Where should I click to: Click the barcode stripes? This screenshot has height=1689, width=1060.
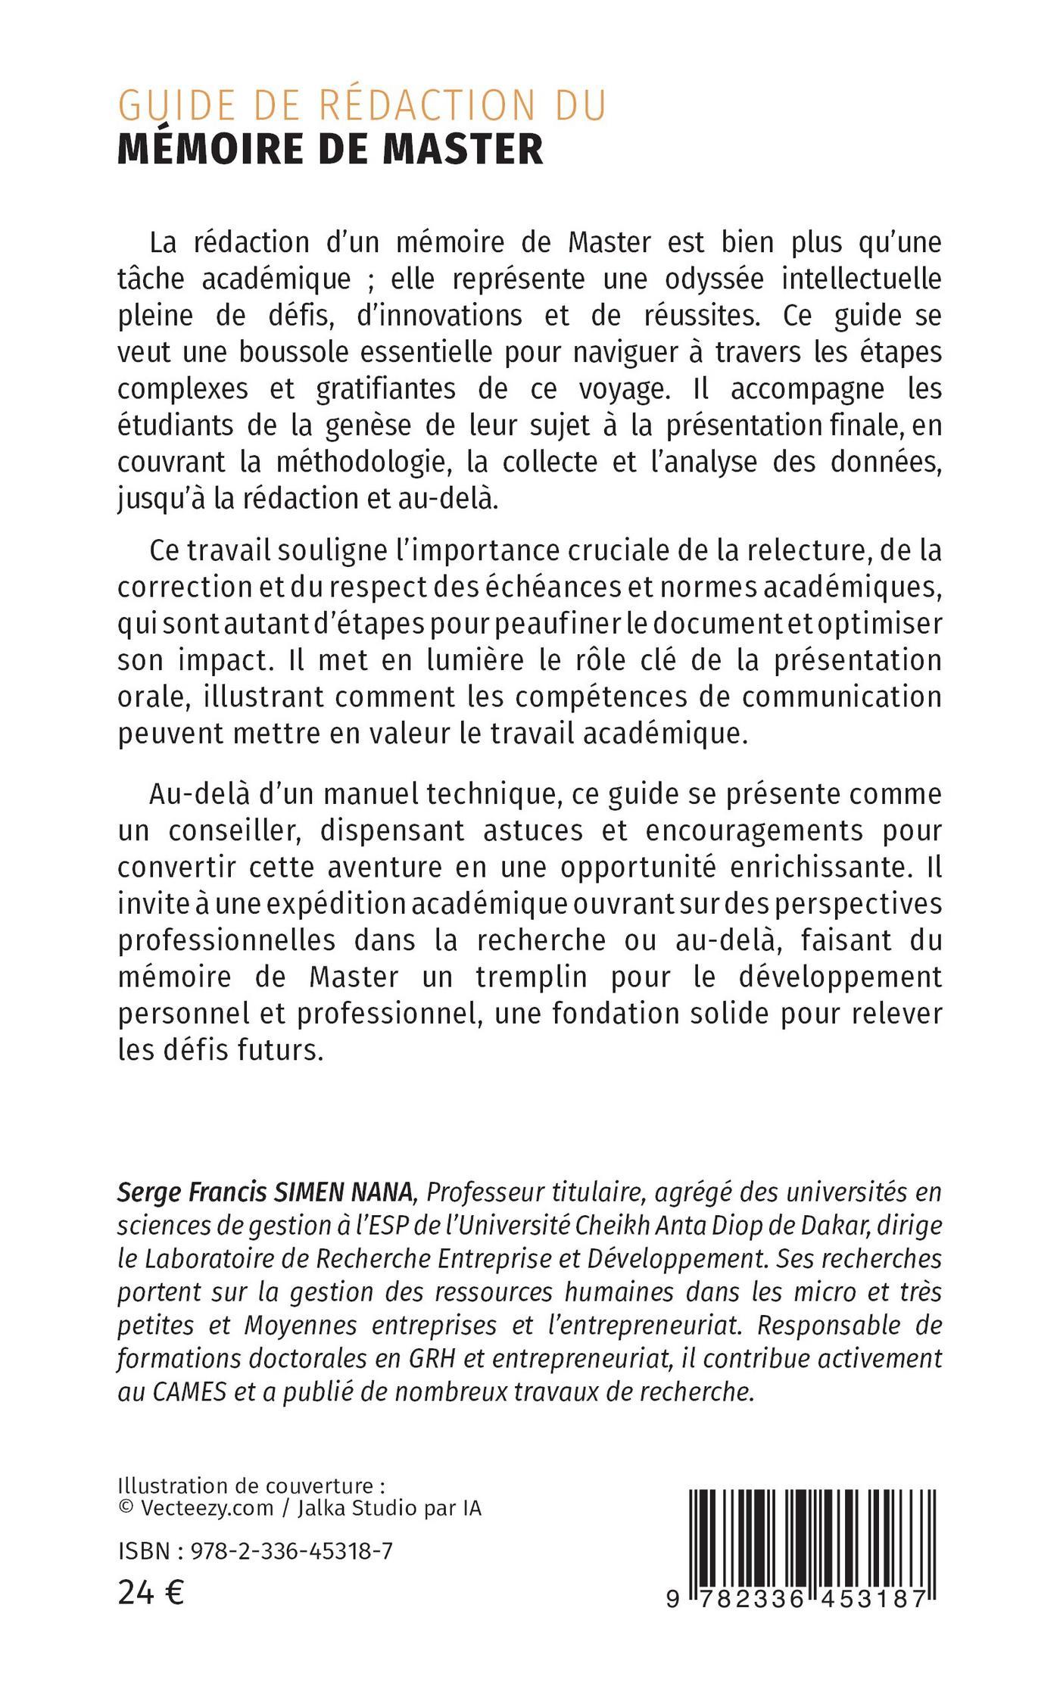812,1522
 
